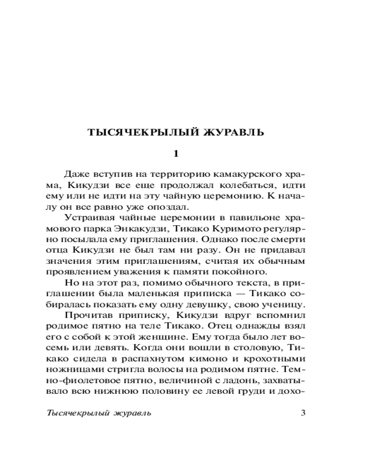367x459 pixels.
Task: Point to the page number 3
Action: pos(302,412)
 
